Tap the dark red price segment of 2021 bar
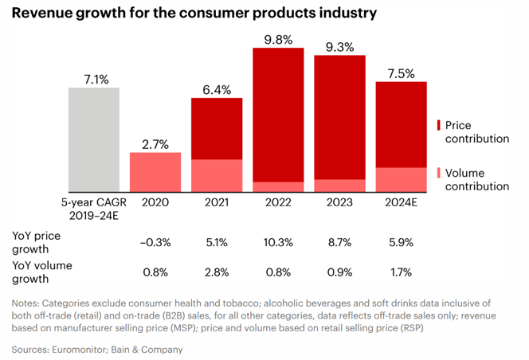pos(217,128)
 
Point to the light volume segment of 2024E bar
pos(401,178)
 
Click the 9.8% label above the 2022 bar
pos(278,37)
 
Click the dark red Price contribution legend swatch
pos(441,126)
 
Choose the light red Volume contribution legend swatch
pos(441,173)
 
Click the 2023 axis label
pos(339,203)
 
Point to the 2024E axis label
pos(401,203)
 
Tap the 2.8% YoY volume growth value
pos(217,272)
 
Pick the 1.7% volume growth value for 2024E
pos(401,272)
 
